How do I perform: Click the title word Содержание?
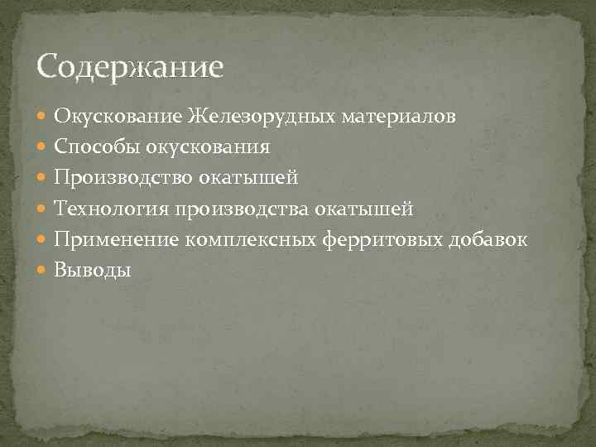[130, 65]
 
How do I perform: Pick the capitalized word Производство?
[120, 178]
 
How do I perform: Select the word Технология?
[112, 209]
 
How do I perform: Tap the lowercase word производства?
[241, 209]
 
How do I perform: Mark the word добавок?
[488, 239]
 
